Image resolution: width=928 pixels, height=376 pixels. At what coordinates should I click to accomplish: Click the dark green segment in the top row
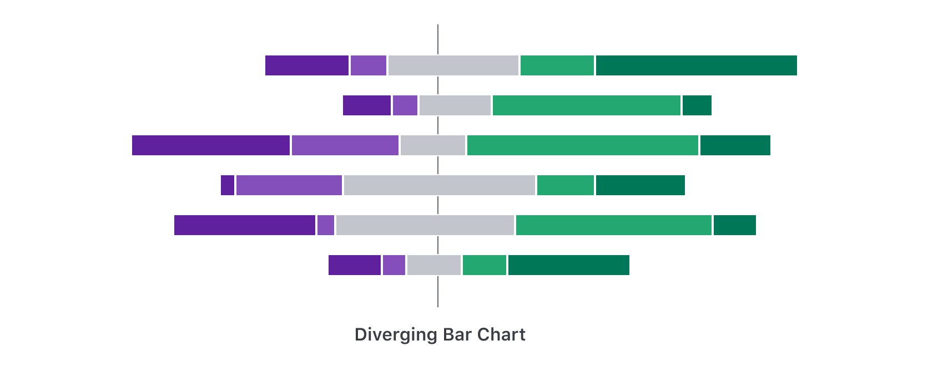(696, 65)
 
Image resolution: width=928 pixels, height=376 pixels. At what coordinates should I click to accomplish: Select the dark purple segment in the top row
(306, 65)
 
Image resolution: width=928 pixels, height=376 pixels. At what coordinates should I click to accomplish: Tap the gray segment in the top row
(453, 65)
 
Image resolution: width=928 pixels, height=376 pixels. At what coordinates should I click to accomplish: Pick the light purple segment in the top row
(368, 65)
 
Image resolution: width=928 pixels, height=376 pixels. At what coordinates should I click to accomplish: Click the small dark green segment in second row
(697, 105)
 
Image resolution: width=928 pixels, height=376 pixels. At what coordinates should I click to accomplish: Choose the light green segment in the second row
(586, 105)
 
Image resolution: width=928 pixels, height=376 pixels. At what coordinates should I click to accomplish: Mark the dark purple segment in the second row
(366, 105)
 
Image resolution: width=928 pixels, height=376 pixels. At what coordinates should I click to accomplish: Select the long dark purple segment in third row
(210, 145)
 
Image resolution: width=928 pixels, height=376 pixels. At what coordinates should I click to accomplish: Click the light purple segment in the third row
(345, 145)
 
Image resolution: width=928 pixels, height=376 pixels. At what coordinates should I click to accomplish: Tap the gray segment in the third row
(432, 145)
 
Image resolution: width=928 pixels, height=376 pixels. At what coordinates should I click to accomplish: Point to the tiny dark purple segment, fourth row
(227, 185)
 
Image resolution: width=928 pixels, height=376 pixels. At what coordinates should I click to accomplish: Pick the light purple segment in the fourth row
(289, 185)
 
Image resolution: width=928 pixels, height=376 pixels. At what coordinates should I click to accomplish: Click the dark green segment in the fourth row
(640, 185)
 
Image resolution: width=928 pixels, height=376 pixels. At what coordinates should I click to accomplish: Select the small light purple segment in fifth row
(325, 225)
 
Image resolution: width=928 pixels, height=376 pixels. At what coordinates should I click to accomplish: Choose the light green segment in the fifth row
(613, 225)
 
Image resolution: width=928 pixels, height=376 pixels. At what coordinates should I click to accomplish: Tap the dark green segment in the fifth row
(734, 225)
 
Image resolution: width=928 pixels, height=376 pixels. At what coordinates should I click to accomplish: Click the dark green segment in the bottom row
(568, 265)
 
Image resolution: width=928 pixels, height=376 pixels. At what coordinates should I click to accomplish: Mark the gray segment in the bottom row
(433, 265)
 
